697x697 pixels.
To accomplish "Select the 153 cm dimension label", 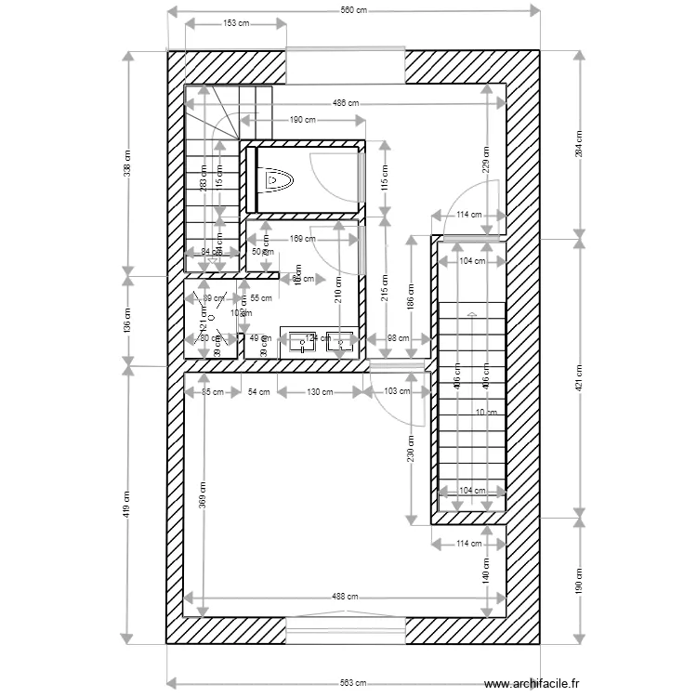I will [x=236, y=24].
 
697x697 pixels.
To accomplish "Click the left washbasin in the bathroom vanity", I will [x=303, y=343].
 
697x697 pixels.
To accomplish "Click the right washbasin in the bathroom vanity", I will [x=340, y=343].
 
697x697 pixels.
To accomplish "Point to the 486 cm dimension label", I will [x=346, y=104].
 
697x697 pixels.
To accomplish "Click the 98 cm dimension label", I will [x=398, y=338].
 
